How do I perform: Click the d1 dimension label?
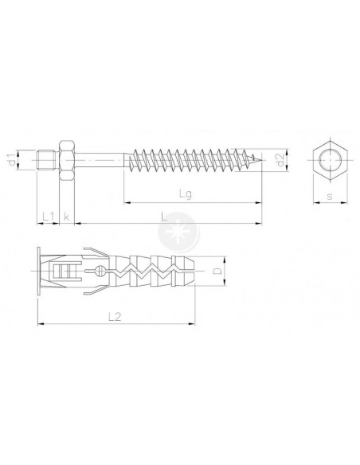[x=12, y=159]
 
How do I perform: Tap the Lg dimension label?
[x=186, y=194]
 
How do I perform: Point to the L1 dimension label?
[x=49, y=217]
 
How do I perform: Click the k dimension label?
[x=66, y=217]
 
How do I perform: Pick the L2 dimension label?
[x=115, y=317]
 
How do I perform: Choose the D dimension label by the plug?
[x=217, y=271]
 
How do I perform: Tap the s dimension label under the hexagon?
[x=330, y=196]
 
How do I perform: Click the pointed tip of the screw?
[x=262, y=160]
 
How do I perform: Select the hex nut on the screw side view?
[x=67, y=160]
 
